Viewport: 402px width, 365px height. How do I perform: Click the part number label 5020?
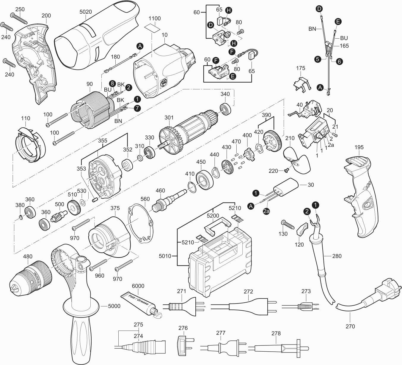click(x=86, y=12)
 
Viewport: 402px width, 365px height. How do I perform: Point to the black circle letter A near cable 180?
click(x=140, y=46)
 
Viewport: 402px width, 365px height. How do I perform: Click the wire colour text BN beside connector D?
click(x=312, y=29)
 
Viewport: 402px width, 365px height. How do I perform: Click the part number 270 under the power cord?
click(x=351, y=326)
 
